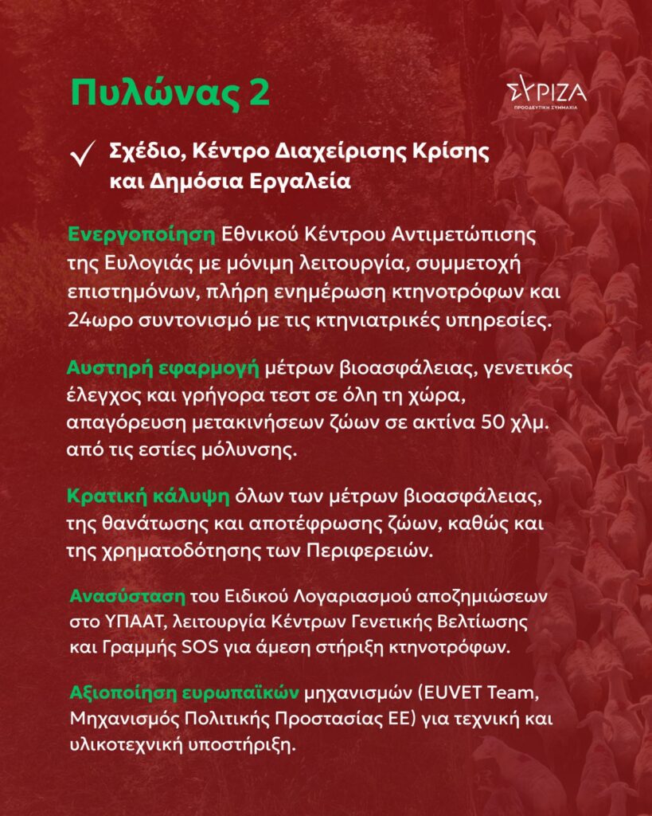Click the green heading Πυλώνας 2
pyautogui.click(x=170, y=92)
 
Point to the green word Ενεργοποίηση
pyautogui.click(x=142, y=235)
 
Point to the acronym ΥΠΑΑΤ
pyautogui.click(x=131, y=619)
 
